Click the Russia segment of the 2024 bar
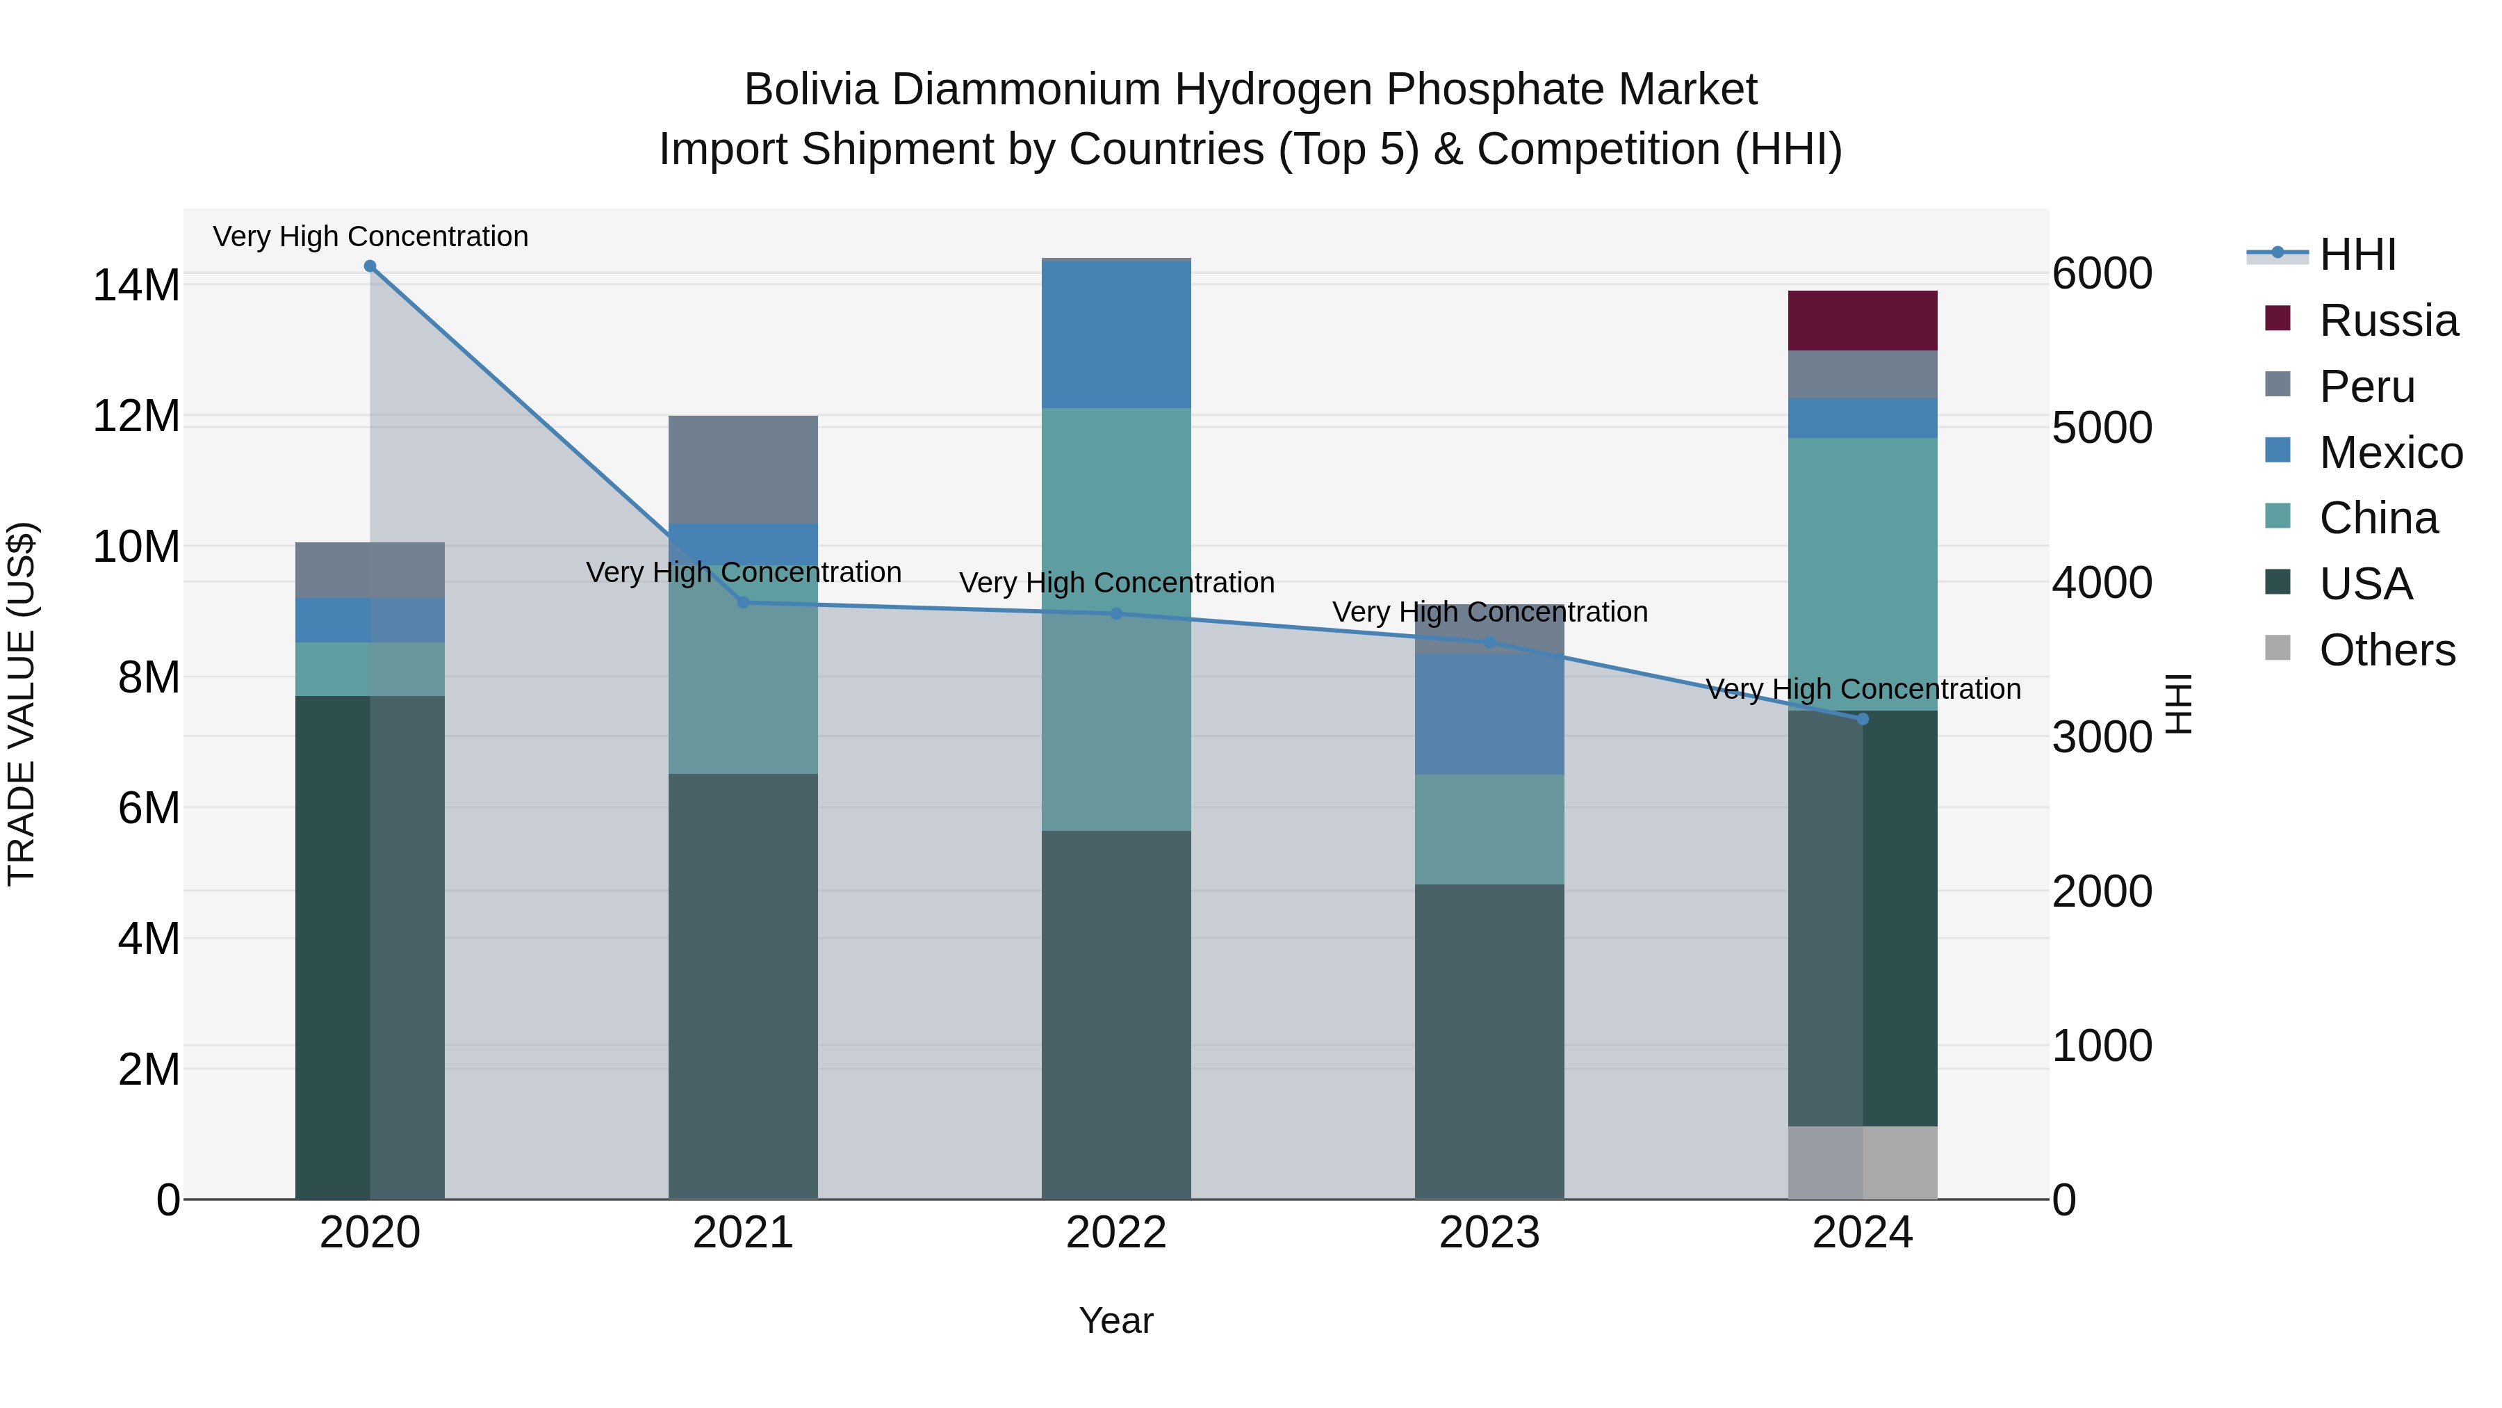coord(1862,320)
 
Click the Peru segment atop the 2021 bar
coord(743,469)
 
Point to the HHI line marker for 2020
coord(369,266)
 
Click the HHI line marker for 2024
coord(1862,719)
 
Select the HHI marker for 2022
coord(1116,614)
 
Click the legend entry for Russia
coord(2388,321)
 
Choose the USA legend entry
coord(2365,584)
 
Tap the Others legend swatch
coord(2277,648)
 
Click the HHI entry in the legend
coord(2357,254)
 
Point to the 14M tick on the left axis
coord(136,286)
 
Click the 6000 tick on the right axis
coord(2101,273)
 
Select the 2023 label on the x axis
coord(1489,1233)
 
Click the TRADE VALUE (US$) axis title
coord(22,704)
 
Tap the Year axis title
coord(1116,1320)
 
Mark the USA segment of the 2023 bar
coord(1489,1039)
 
